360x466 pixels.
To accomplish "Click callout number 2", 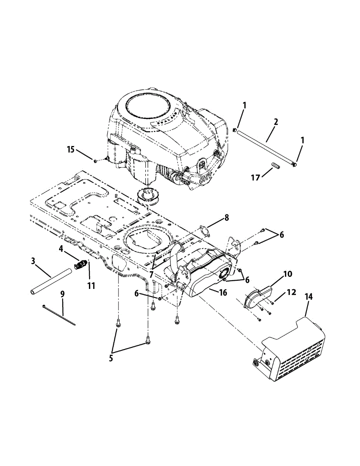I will [276, 122].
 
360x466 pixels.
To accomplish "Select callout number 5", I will [111, 358].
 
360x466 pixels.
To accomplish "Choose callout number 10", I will [287, 274].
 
